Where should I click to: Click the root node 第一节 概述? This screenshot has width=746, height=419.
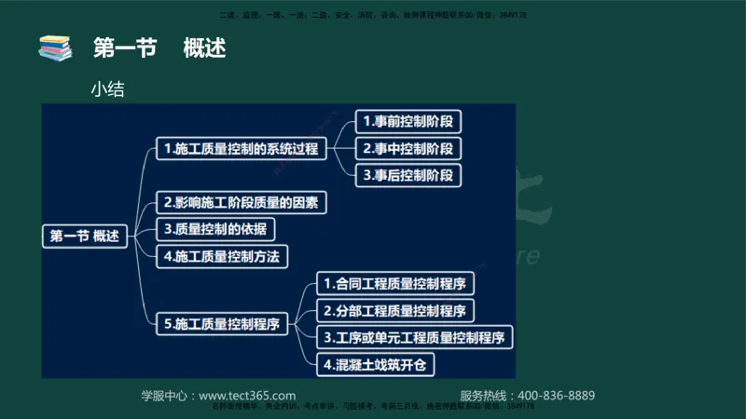click(86, 237)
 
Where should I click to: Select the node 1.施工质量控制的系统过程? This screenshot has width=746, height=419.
click(241, 148)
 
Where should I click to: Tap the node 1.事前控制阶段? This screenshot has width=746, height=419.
click(408, 121)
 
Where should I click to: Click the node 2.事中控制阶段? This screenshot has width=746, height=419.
click(408, 148)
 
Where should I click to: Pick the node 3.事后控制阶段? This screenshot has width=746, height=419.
click(408, 174)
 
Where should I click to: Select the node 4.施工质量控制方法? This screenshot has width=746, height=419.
click(221, 255)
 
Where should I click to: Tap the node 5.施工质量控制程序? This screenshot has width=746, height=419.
click(221, 324)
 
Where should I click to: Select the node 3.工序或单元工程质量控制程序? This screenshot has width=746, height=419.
click(415, 336)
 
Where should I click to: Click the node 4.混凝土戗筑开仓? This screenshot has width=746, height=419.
click(375, 364)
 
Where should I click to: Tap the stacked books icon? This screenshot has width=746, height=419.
click(55, 47)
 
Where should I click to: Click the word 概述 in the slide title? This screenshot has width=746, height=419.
click(205, 47)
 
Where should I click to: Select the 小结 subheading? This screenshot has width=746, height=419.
click(107, 90)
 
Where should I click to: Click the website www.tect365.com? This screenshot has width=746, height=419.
click(247, 395)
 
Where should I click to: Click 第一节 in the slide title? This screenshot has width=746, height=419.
click(125, 47)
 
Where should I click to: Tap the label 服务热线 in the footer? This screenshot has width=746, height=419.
click(486, 395)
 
